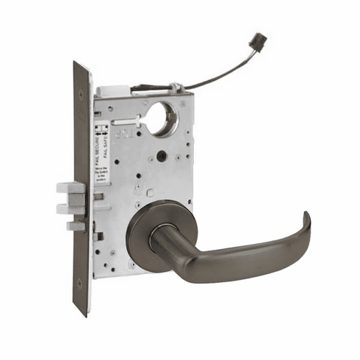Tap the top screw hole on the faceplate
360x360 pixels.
pos(80,76)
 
